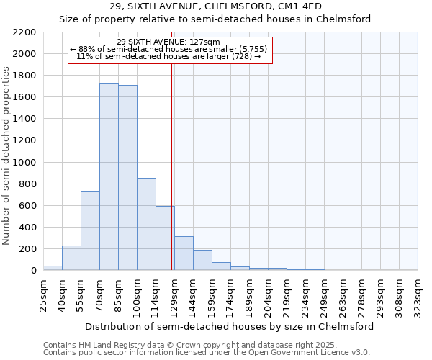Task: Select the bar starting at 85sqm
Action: [127, 178]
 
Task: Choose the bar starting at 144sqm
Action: [202, 260]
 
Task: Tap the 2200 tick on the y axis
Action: [24, 32]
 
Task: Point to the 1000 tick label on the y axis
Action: [24, 163]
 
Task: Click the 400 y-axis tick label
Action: [27, 228]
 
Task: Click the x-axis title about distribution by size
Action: [230, 326]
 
